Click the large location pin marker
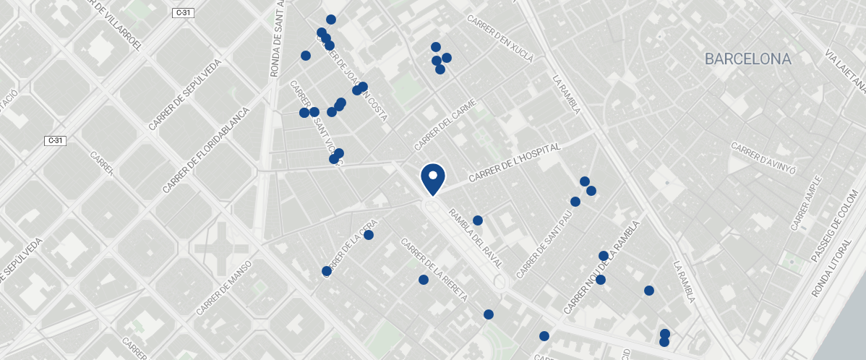(x=432, y=179)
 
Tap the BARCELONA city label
(x=748, y=59)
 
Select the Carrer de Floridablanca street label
(x=205, y=150)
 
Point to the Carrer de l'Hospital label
(x=515, y=163)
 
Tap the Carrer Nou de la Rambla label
(x=601, y=268)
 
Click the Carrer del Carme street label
(x=446, y=124)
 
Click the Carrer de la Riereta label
(x=435, y=270)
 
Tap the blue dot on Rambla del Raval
(x=478, y=220)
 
